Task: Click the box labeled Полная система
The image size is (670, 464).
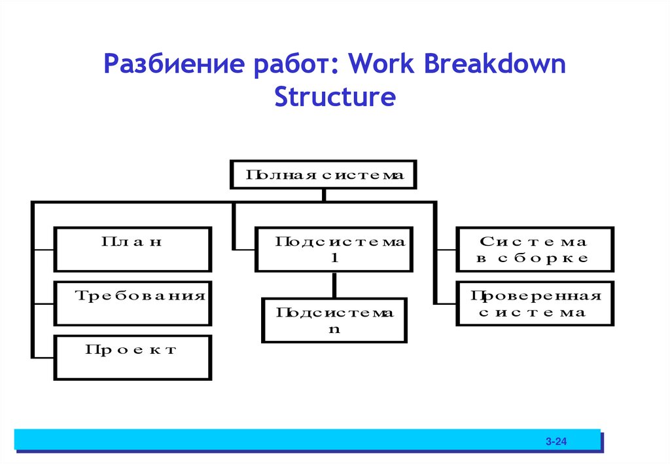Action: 323,174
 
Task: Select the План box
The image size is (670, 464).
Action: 132,249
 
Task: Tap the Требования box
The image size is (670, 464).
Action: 132,303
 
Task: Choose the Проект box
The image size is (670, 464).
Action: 132,358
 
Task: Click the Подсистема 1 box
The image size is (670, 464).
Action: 334,249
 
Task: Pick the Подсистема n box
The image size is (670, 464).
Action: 334,320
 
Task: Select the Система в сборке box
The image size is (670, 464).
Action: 535,249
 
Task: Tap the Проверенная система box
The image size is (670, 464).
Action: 535,303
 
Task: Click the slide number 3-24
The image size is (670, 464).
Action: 556,443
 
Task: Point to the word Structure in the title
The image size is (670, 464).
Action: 335,97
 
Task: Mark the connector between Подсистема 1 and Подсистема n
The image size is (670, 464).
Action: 334,285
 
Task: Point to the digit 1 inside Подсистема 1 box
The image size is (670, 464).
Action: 334,258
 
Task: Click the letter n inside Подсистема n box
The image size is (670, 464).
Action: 334,330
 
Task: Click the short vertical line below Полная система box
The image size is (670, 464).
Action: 323,195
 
